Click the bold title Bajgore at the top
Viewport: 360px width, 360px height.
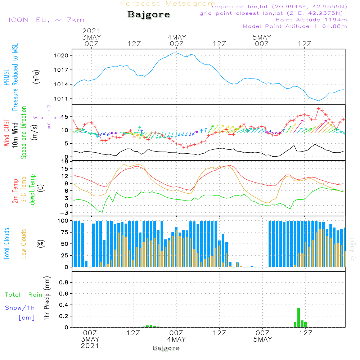pos(149,15)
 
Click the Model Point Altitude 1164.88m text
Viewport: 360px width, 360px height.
pos(295,26)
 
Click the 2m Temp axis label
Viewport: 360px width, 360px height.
pos(15,190)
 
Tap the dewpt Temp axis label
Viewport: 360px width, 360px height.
pos(32,190)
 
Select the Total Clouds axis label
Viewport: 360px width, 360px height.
pos(6,244)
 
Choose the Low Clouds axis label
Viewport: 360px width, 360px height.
pos(24,244)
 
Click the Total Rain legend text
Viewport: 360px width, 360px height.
pos(24,295)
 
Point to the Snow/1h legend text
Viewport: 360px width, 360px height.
pos(20,308)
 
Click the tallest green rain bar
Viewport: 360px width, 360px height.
pos(298,317)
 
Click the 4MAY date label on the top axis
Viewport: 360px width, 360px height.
pos(177,37)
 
